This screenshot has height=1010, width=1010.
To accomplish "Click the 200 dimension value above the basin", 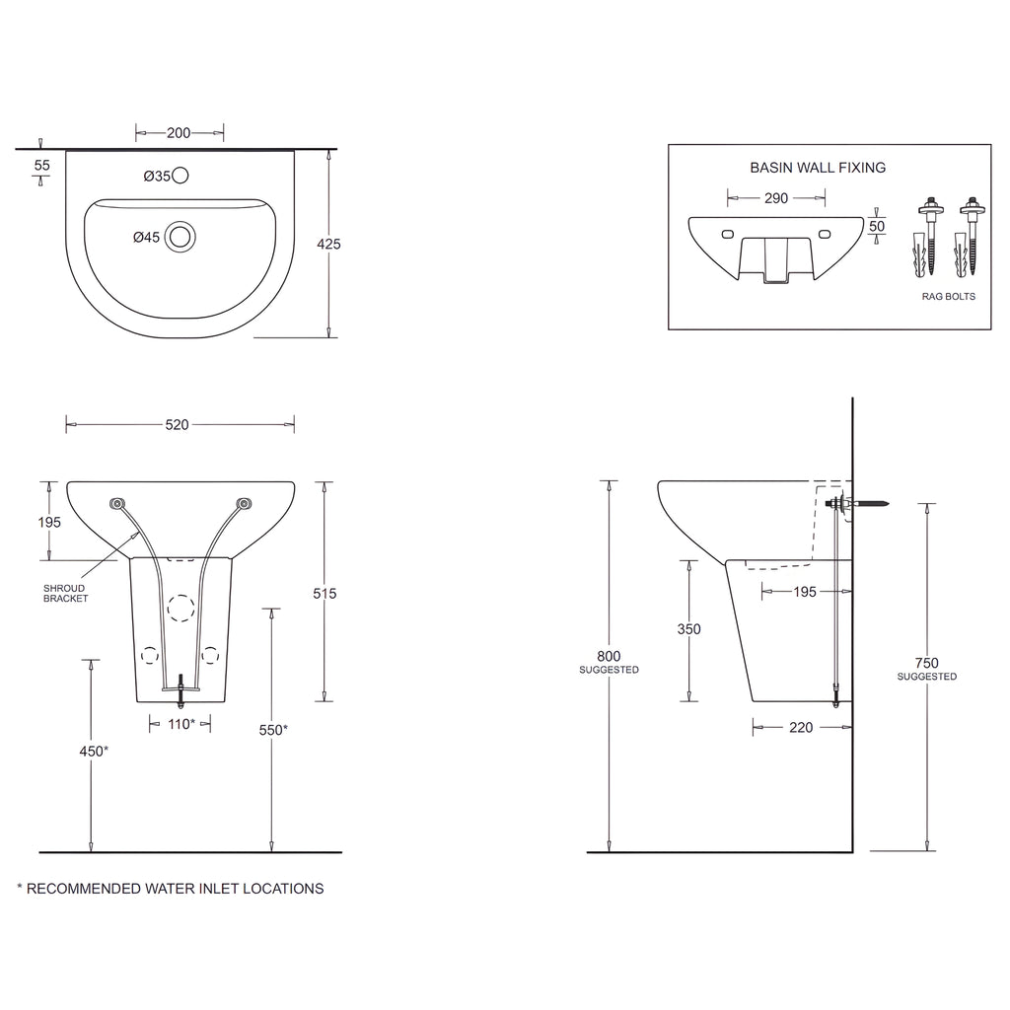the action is pyautogui.click(x=179, y=133).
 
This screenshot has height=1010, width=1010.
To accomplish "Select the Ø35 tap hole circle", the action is pyautogui.click(x=180, y=176).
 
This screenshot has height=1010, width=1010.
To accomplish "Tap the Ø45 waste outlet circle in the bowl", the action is pyautogui.click(x=180, y=237).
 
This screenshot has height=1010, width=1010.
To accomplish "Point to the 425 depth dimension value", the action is pyautogui.click(x=328, y=244).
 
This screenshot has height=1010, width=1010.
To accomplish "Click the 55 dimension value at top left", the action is pyautogui.click(x=41, y=165).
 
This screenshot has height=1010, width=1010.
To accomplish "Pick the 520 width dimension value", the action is pyautogui.click(x=178, y=424).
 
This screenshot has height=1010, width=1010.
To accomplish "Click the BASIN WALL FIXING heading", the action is pyautogui.click(x=818, y=168).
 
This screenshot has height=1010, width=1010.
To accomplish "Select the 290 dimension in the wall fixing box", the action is pyautogui.click(x=776, y=198).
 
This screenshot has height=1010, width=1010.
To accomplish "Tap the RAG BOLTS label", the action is pyautogui.click(x=948, y=296).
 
